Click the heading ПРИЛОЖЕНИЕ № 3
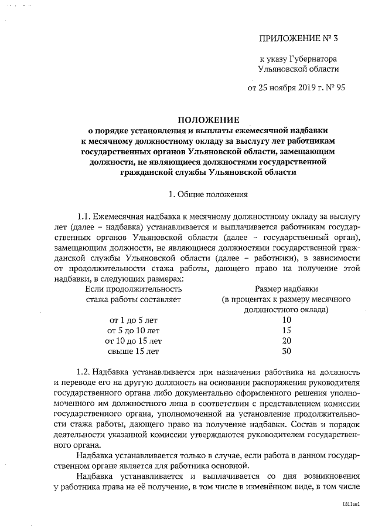(298, 39)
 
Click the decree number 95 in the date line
(339, 89)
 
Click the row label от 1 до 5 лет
(133, 320)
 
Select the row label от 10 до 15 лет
(133, 340)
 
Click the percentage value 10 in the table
(287, 320)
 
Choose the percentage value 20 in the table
(287, 340)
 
